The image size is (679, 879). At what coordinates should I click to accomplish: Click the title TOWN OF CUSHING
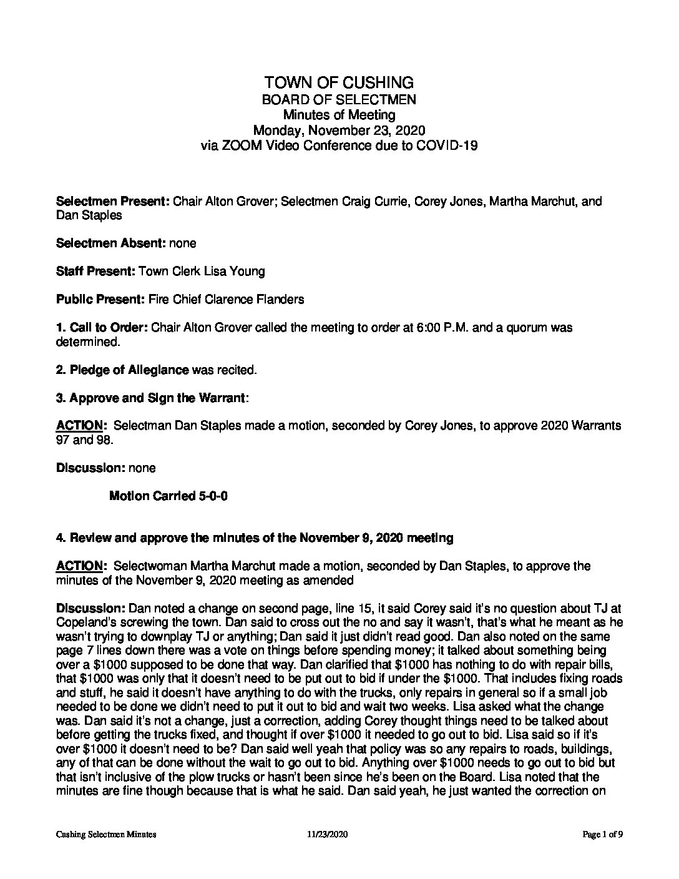pyautogui.click(x=339, y=82)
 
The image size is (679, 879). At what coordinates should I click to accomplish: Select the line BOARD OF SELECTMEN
pyautogui.click(x=339, y=99)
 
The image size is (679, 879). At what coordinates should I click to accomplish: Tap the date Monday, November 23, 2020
pyautogui.click(x=339, y=130)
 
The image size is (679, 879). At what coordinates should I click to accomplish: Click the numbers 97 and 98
pyautogui.click(x=85, y=439)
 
